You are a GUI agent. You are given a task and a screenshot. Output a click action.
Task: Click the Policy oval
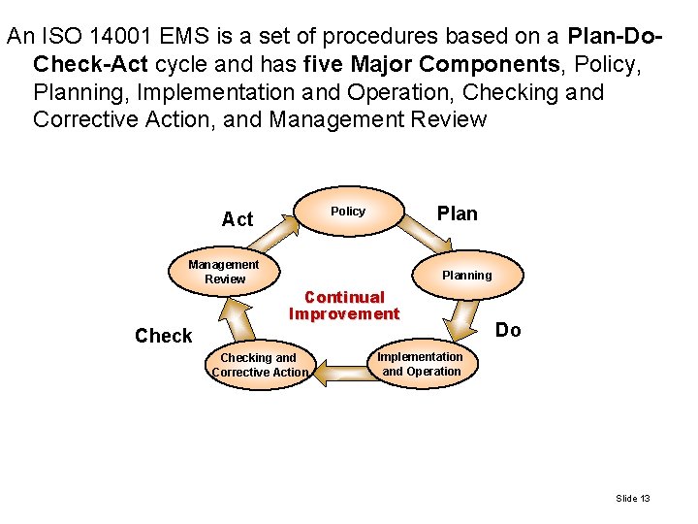pyautogui.click(x=348, y=212)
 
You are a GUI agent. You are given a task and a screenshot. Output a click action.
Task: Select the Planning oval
pyautogui.click(x=467, y=276)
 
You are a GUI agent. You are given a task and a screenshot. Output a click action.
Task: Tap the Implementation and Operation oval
pyautogui.click(x=421, y=364)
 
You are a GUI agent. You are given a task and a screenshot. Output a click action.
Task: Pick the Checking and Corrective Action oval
pyautogui.click(x=259, y=365)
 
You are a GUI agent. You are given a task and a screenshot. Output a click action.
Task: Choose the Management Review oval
pyautogui.click(x=224, y=272)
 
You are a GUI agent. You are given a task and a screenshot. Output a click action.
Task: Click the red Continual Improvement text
pyautogui.click(x=344, y=306)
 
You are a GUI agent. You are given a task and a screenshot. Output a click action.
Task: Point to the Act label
pyautogui.click(x=237, y=219)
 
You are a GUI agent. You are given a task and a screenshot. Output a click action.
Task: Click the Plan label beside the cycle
pyautogui.click(x=457, y=214)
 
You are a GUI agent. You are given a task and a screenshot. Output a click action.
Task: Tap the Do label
pyautogui.click(x=508, y=331)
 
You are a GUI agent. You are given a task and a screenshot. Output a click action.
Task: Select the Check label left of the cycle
pyautogui.click(x=163, y=336)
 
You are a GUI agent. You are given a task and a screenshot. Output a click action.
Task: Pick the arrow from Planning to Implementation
pyautogui.click(x=462, y=316)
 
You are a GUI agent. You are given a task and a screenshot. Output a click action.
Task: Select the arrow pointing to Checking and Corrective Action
pyautogui.click(x=340, y=369)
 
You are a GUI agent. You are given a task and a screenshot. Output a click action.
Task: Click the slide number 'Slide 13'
pyautogui.click(x=632, y=499)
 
